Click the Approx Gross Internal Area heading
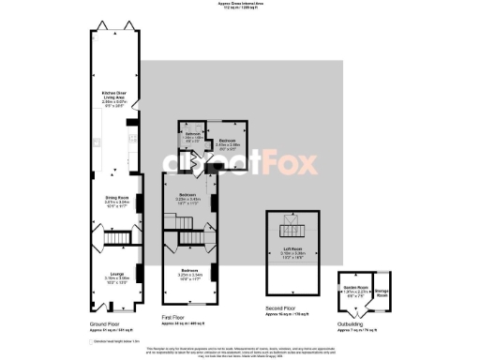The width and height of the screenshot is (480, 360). click(x=239, y=6)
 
